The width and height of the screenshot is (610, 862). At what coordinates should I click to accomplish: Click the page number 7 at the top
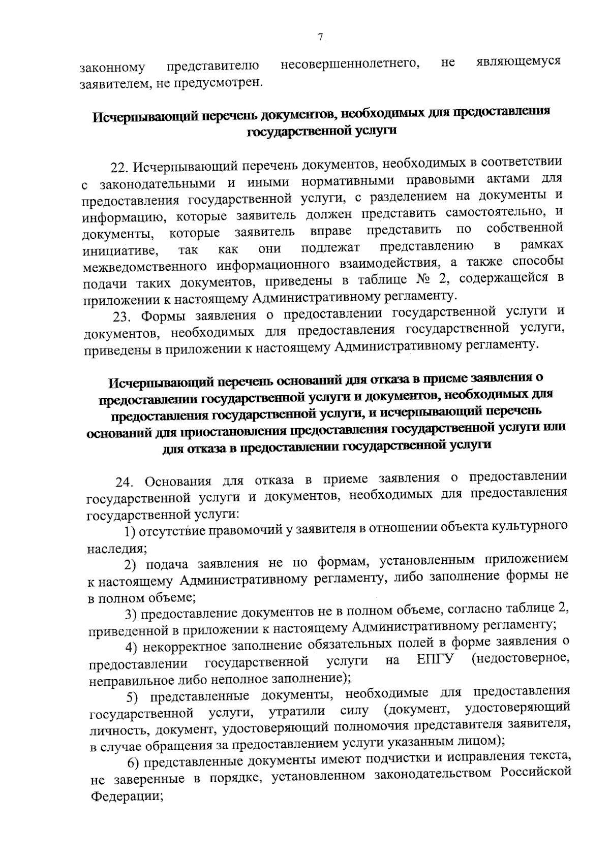320,37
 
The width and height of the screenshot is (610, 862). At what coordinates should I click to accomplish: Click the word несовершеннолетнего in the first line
350,64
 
